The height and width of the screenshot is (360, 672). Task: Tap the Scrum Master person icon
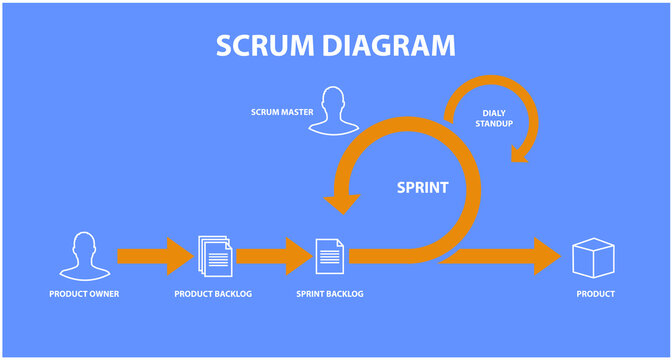pos(333,111)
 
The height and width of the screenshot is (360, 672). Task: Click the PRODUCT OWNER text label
pos(84,294)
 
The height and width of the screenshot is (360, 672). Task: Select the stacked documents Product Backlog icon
pos(214,256)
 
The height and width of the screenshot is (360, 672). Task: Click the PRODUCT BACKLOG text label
pos(213,294)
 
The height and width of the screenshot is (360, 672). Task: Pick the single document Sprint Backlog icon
pos(329,256)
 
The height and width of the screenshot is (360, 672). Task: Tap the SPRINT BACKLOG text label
pos(330,294)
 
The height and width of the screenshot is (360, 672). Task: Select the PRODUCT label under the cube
pos(595,294)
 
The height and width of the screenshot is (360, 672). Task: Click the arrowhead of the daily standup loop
pos(519,152)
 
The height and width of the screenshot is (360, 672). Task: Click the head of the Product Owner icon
pos(83,246)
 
